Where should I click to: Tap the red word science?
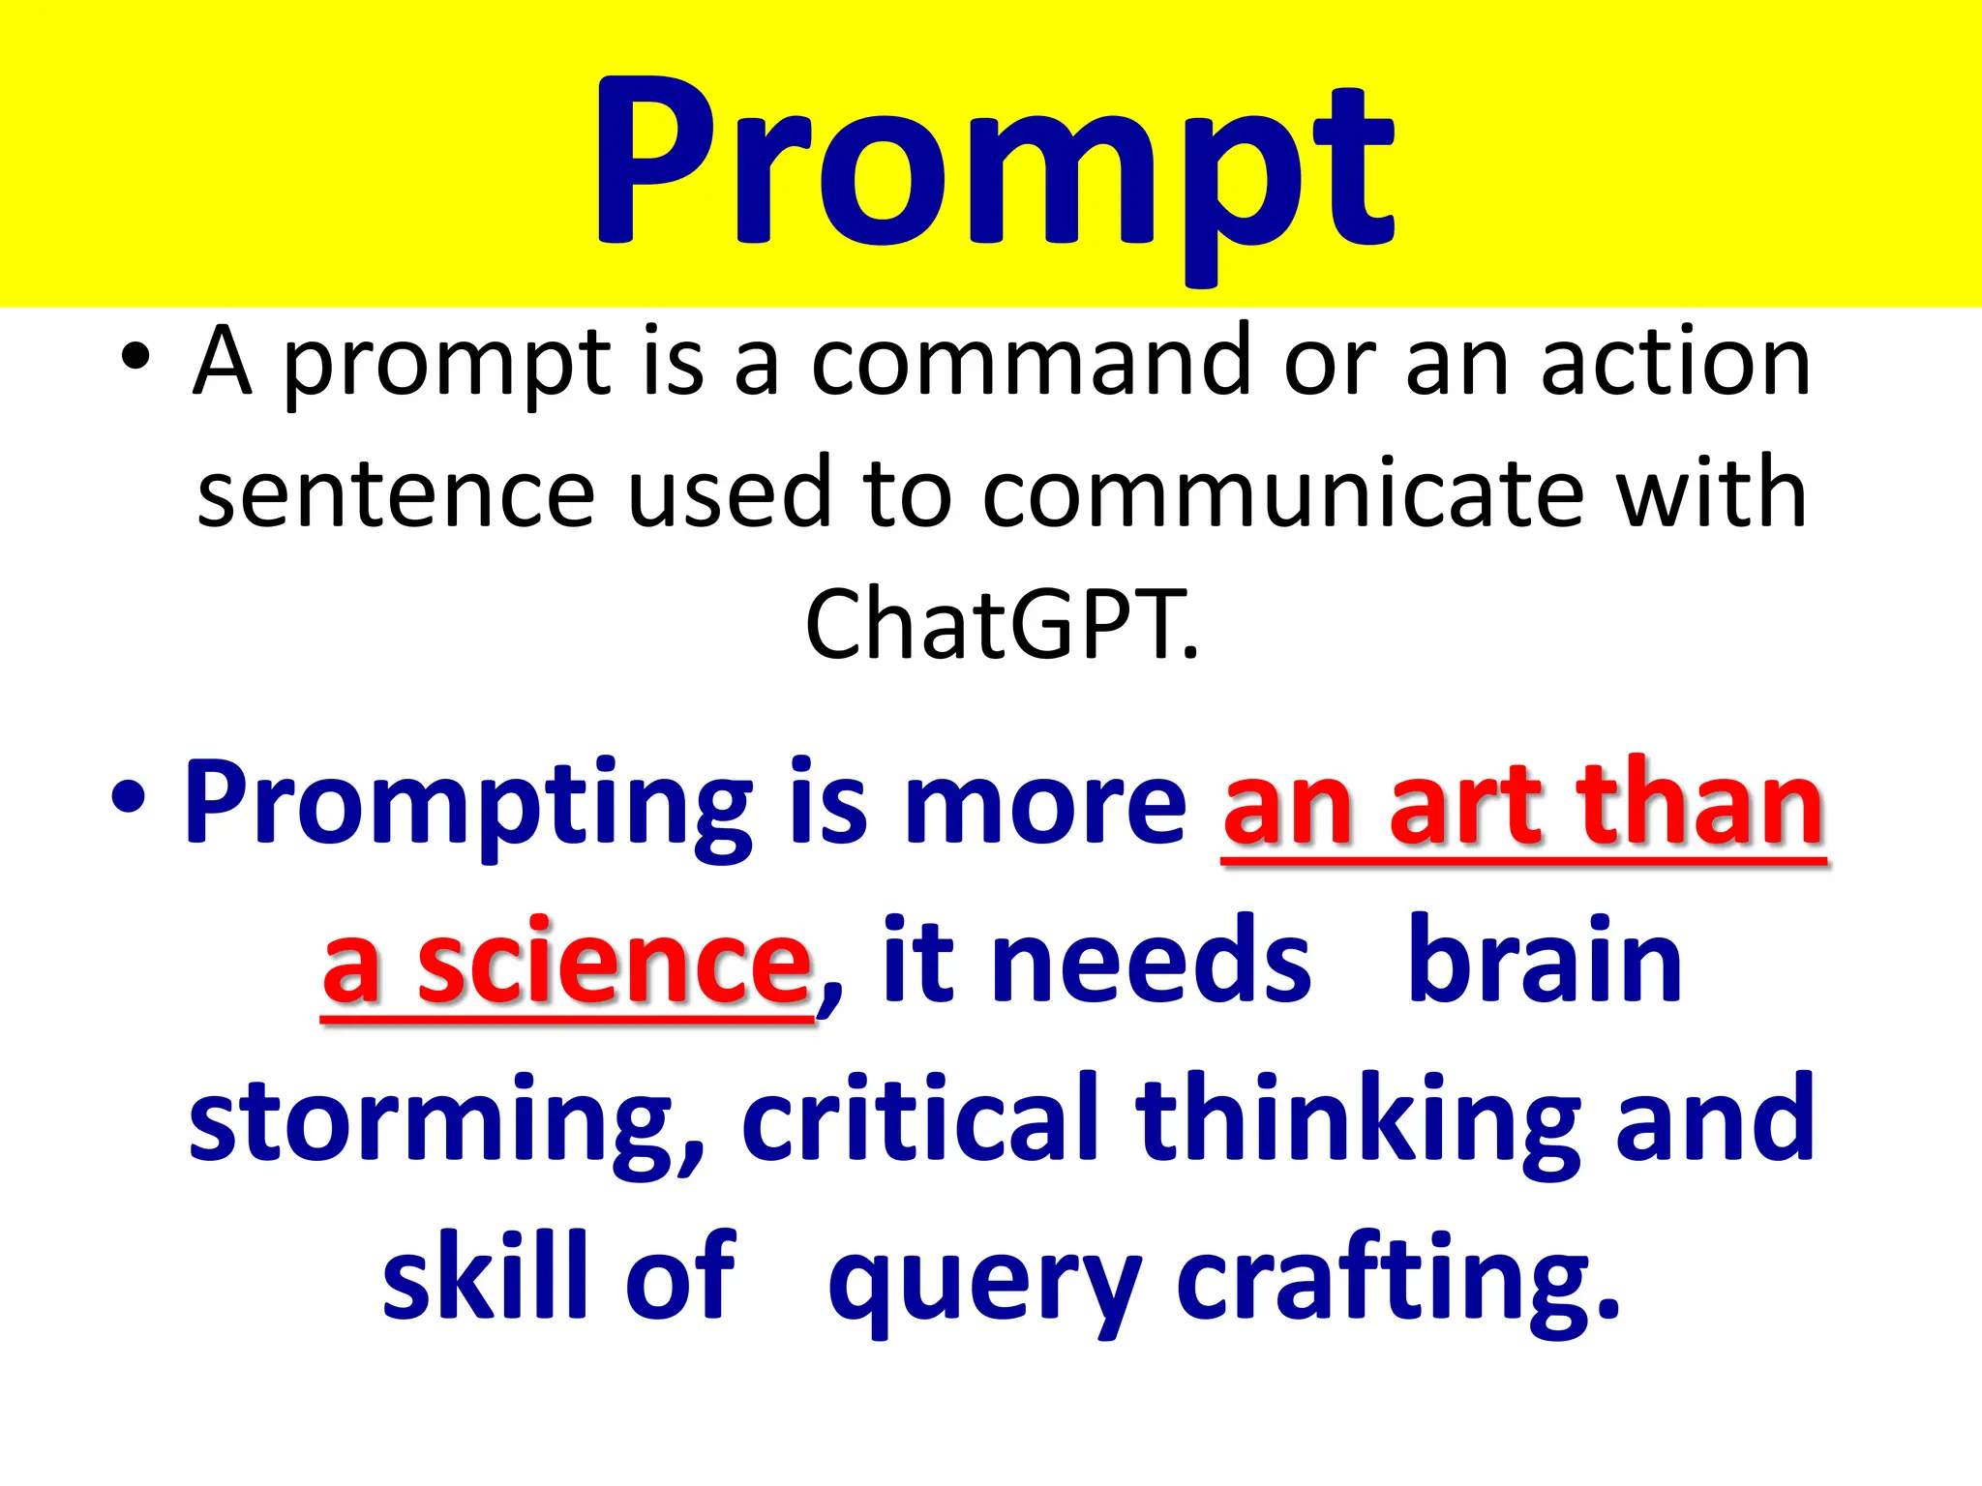(614, 964)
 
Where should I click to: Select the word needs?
(1152, 964)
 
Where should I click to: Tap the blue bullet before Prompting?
(129, 799)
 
